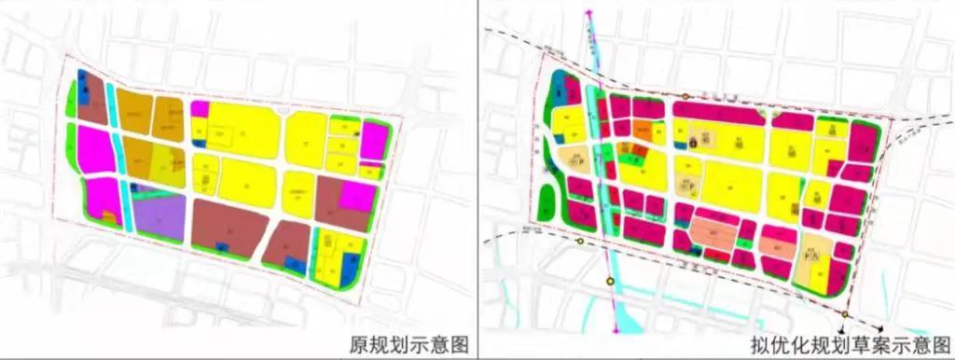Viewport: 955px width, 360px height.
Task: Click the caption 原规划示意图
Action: click(407, 342)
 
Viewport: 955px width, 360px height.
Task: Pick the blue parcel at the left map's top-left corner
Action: click(83, 81)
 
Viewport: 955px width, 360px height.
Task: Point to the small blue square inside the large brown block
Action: click(220, 246)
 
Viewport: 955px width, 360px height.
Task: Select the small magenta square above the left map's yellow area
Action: click(200, 108)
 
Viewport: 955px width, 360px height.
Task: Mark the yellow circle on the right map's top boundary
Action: click(686, 96)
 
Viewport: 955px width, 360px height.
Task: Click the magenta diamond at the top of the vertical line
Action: click(589, 13)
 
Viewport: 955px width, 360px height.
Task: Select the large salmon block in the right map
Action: click(718, 228)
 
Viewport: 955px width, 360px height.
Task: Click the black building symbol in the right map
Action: click(694, 141)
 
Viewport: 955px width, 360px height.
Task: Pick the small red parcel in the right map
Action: click(640, 149)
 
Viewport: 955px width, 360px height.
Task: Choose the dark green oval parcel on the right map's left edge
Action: click(547, 199)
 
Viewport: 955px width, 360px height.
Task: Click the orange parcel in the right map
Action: click(644, 130)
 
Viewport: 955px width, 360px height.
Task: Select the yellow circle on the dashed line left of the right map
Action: click(581, 241)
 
